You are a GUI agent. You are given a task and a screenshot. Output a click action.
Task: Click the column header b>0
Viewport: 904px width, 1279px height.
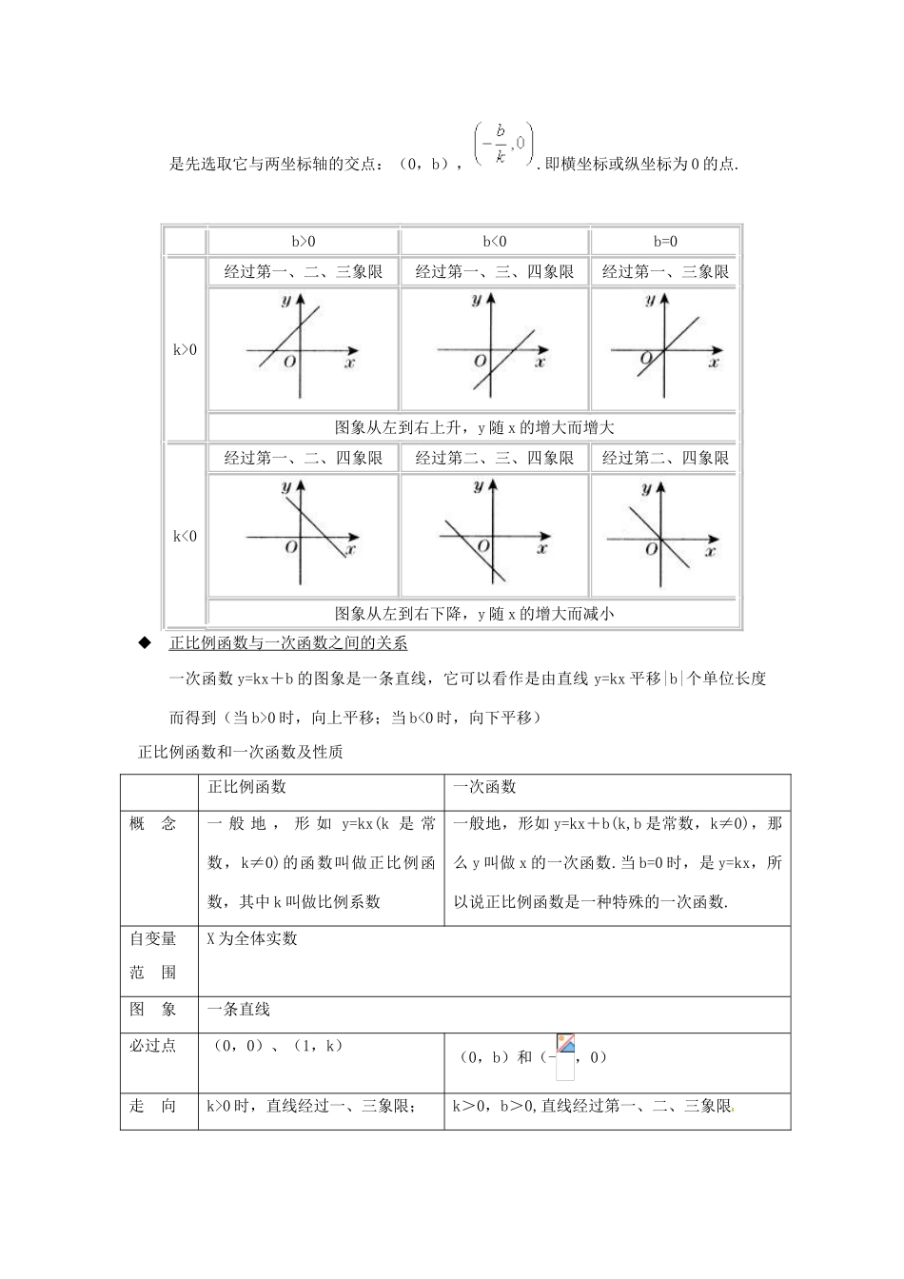pyautogui.click(x=304, y=242)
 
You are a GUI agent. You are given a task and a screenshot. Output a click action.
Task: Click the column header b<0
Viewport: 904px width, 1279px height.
pyautogui.click(x=494, y=242)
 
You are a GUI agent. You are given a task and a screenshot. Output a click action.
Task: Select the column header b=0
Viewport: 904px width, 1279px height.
pyautogui.click(x=665, y=242)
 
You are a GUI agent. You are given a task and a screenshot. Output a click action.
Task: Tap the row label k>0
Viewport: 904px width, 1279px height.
pyautogui.click(x=185, y=349)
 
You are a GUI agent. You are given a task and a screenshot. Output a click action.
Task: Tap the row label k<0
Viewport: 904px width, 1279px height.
pyautogui.click(x=185, y=536)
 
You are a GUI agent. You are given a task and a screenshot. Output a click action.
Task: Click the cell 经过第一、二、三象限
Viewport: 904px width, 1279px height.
pyautogui.click(x=304, y=272)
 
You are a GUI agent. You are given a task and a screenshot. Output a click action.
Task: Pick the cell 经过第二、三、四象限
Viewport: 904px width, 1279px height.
pyautogui.click(x=494, y=458)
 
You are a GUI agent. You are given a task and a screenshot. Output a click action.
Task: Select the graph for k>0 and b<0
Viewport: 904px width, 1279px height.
pyautogui.click(x=494, y=348)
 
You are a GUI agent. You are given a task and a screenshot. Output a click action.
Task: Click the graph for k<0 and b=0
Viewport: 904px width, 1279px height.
pyautogui.click(x=663, y=535)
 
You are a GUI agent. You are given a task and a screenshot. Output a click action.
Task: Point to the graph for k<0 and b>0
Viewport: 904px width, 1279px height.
pyautogui.click(x=303, y=535)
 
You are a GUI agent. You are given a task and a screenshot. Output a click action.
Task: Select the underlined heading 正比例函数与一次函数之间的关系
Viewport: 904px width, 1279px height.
pyautogui.click(x=287, y=643)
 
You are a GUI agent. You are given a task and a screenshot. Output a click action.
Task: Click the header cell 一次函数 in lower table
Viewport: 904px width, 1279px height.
pyautogui.click(x=484, y=787)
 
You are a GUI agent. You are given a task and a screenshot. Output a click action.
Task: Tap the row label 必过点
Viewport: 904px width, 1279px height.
pyautogui.click(x=153, y=1046)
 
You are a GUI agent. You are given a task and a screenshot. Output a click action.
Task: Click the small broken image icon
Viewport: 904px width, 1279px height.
pyautogui.click(x=565, y=1045)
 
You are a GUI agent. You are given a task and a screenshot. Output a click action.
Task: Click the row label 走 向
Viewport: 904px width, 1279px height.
pyautogui.click(x=153, y=1106)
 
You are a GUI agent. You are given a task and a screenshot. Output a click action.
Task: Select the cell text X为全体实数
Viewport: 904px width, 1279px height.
pyautogui.click(x=252, y=938)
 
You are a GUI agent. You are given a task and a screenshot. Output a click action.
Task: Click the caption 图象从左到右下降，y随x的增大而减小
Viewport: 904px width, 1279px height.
pyautogui.click(x=474, y=614)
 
